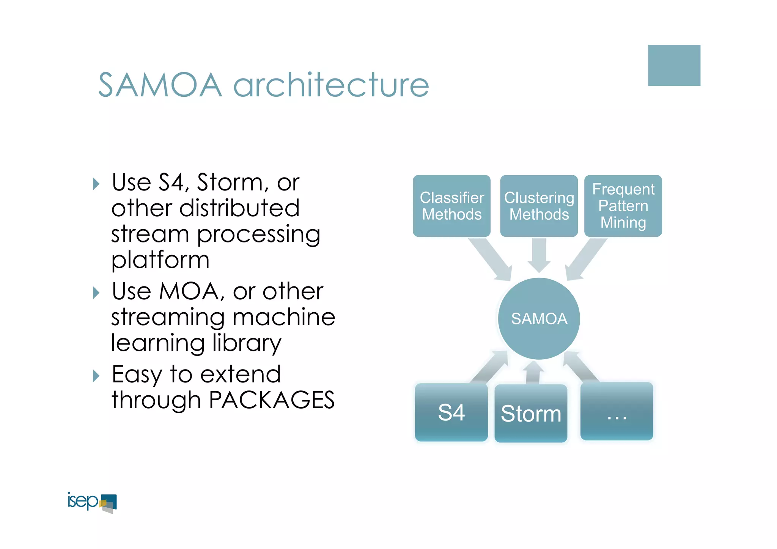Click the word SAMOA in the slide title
coord(160,85)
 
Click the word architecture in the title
coord(331,85)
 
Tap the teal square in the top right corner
coord(674,65)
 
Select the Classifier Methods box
coord(451,206)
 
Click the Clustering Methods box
coord(539,206)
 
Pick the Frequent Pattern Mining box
coord(623,206)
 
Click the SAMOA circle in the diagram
coord(539,319)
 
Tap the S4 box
coord(451,413)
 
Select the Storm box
coord(531,414)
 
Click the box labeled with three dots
coord(617,412)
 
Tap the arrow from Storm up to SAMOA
coord(533,373)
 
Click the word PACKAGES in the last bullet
coord(272,400)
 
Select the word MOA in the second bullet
coord(189,291)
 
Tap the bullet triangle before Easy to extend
coord(96,376)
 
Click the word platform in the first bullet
coord(160,260)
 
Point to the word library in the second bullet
coord(247,343)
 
